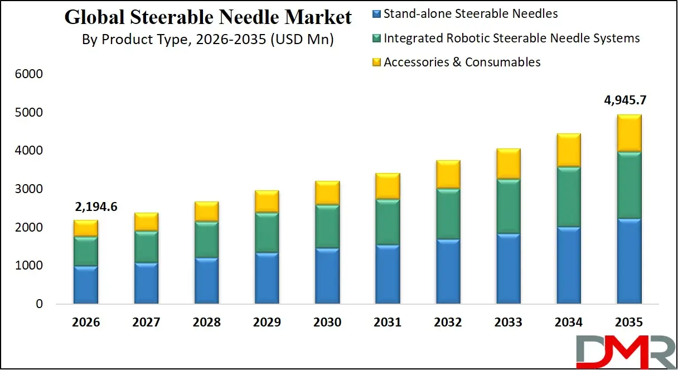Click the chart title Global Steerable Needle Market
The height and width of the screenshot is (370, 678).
click(x=208, y=17)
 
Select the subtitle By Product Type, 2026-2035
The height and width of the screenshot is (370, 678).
click(x=207, y=40)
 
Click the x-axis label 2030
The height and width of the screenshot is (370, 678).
click(x=327, y=323)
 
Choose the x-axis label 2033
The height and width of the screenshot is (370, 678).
click(x=508, y=323)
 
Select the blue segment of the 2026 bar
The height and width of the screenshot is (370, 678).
click(x=86, y=285)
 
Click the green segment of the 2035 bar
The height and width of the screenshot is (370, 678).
click(x=628, y=184)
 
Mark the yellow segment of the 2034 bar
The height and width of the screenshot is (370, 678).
click(x=568, y=150)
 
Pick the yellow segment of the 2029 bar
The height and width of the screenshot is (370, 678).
click(x=267, y=201)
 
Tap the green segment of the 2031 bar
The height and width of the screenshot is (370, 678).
click(x=388, y=221)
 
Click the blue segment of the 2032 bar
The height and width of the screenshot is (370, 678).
click(x=448, y=271)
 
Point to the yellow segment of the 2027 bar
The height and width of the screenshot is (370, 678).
click(x=146, y=222)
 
